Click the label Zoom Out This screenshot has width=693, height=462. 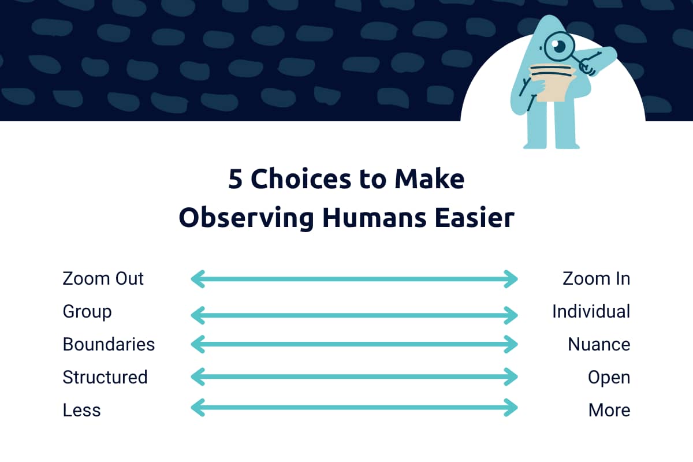103,278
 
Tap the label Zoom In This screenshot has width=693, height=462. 596,278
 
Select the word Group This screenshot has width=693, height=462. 87,312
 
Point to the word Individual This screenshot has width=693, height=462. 591,311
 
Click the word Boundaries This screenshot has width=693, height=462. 109,344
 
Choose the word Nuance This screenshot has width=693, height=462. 599,344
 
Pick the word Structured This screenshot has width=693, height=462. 105,377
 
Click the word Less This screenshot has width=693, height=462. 81,411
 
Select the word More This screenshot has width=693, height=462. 609,411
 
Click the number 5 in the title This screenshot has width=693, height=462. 235,180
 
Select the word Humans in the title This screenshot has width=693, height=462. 374,218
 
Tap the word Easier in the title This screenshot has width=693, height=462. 475,217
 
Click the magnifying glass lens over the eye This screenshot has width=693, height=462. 559,46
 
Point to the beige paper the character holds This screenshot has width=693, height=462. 552,83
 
